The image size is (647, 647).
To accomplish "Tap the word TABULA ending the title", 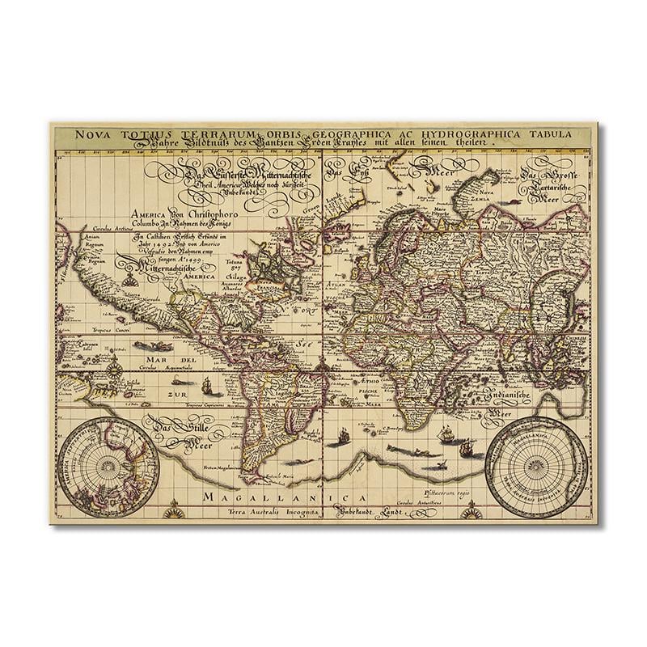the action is [x=546, y=134].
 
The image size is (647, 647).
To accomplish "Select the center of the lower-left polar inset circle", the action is [x=104, y=466].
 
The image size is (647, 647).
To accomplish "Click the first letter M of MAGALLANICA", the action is [x=212, y=496].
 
